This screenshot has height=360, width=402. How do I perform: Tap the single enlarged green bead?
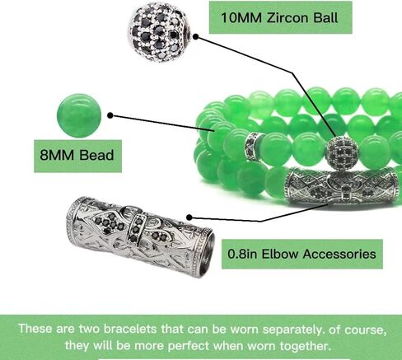tap(79, 115)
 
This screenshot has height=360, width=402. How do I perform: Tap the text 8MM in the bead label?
tap(57, 155)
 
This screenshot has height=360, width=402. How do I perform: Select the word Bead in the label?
tap(96, 155)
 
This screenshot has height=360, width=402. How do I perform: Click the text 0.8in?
tap(242, 254)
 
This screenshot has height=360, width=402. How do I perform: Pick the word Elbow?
tap(279, 254)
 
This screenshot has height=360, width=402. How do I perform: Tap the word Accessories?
tap(339, 254)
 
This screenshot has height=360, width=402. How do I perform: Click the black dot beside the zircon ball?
tap(196, 36)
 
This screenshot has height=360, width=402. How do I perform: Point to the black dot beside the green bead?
tap(110, 115)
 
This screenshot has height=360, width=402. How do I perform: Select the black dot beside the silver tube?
tap(189, 217)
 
